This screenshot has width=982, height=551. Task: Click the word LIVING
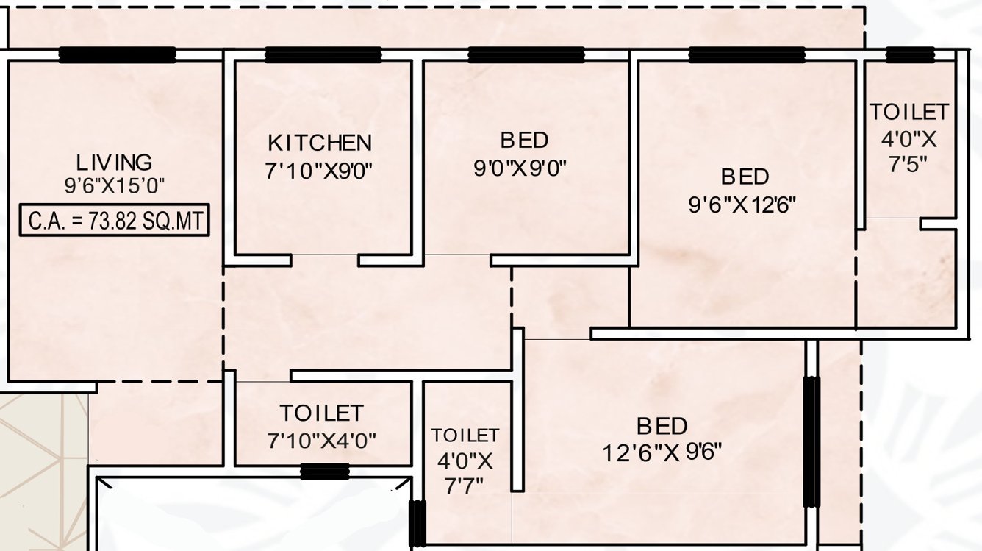(115, 163)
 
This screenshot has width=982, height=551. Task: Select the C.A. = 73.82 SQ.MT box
(115, 220)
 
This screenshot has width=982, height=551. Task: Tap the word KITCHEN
(320, 143)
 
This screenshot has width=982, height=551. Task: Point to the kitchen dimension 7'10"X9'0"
(320, 171)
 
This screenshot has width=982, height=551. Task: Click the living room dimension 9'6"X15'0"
(115, 185)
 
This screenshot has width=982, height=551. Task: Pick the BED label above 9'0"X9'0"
(524, 140)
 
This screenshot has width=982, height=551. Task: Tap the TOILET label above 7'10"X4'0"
(321, 413)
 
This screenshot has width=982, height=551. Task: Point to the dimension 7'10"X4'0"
(321, 441)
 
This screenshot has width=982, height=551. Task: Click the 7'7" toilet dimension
(465, 486)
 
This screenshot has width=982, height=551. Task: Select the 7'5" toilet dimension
(908, 163)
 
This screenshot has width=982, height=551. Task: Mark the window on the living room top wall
(117, 55)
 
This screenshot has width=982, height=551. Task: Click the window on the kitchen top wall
(323, 55)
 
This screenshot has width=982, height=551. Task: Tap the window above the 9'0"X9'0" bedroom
(526, 55)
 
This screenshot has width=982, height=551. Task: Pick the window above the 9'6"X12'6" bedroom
(747, 55)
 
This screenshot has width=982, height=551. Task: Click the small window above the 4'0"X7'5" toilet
(910, 55)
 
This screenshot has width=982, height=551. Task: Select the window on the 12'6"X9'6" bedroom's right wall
(811, 441)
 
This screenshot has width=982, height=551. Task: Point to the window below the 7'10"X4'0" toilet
(324, 472)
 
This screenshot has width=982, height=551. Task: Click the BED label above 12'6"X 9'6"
(662, 426)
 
